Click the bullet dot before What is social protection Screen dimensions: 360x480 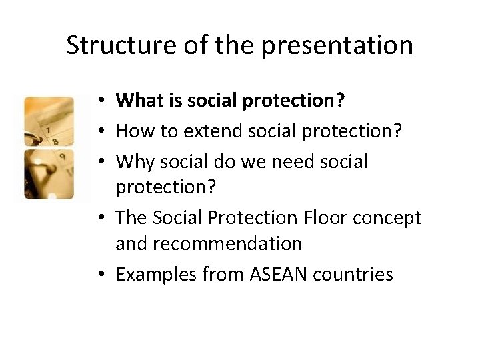(x=98, y=101)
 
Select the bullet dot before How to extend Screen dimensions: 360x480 (x=98, y=132)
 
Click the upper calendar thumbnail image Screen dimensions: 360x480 (x=57, y=122)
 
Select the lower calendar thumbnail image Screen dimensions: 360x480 (x=57, y=175)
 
